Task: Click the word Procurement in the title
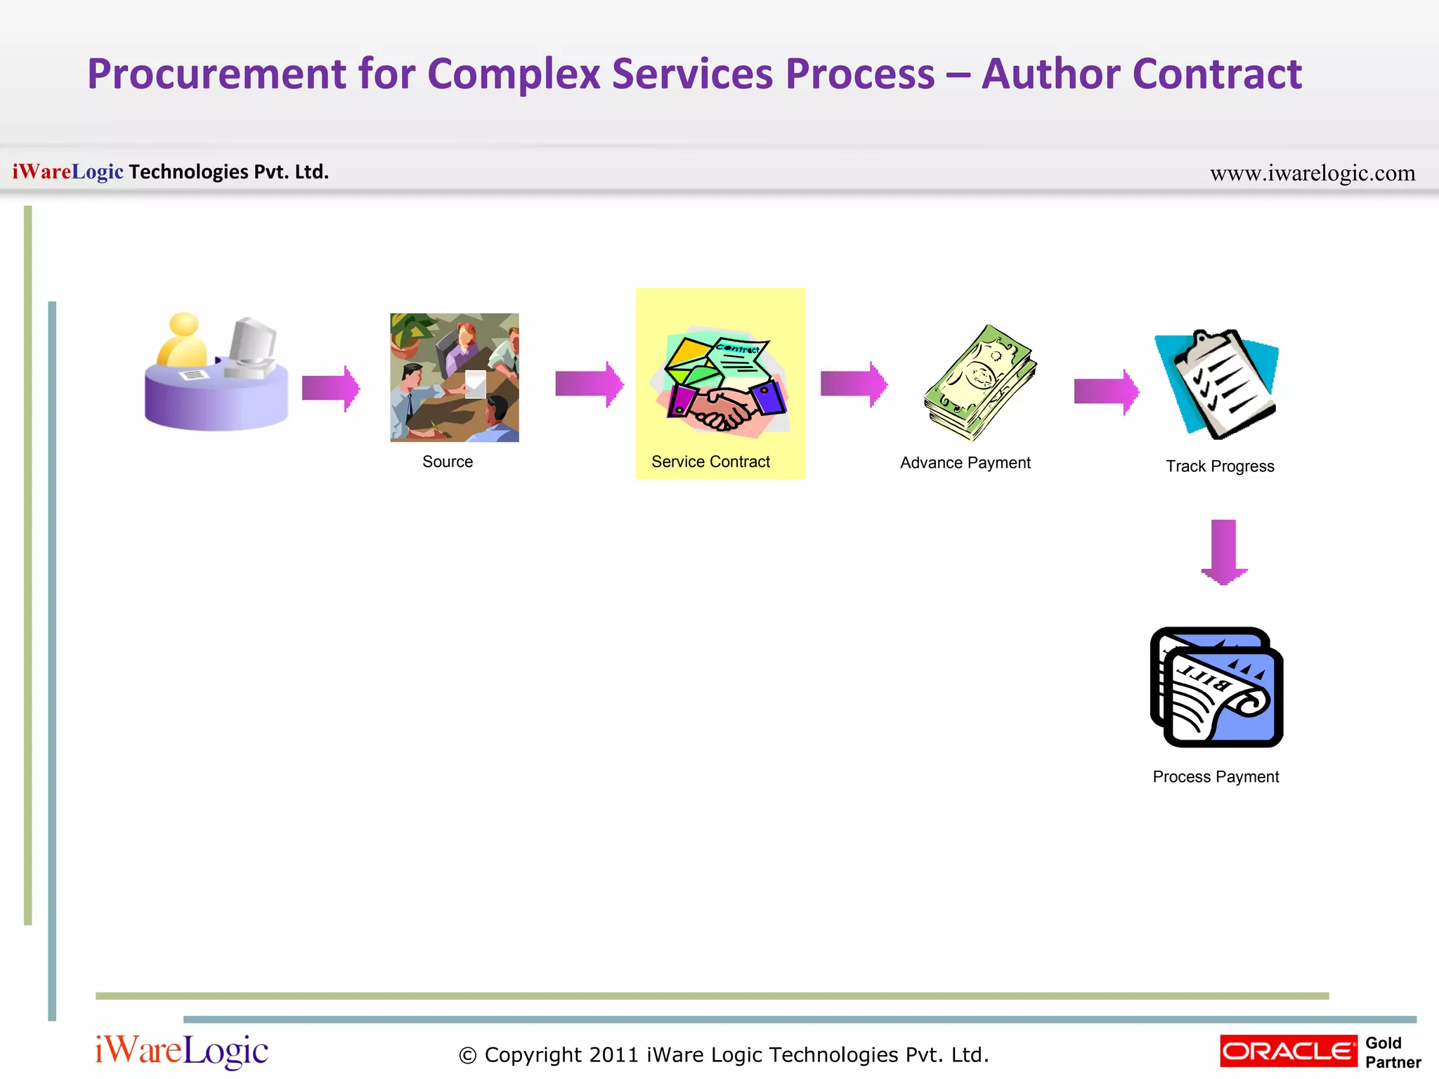click(x=216, y=74)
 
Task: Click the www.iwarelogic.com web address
click(x=1312, y=173)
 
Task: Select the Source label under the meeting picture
click(x=448, y=462)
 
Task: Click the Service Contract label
click(x=710, y=462)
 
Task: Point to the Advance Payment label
click(x=965, y=463)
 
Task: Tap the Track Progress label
click(x=1220, y=466)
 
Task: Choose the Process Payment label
click(x=1216, y=777)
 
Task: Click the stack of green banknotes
click(x=980, y=383)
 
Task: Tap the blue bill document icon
click(x=1217, y=688)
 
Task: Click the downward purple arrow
click(x=1224, y=552)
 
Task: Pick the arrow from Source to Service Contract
click(x=589, y=384)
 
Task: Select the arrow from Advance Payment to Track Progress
click(x=1106, y=391)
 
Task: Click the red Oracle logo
click(x=1288, y=1052)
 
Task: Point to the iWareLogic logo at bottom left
click(x=181, y=1051)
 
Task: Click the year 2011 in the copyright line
click(x=613, y=1055)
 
